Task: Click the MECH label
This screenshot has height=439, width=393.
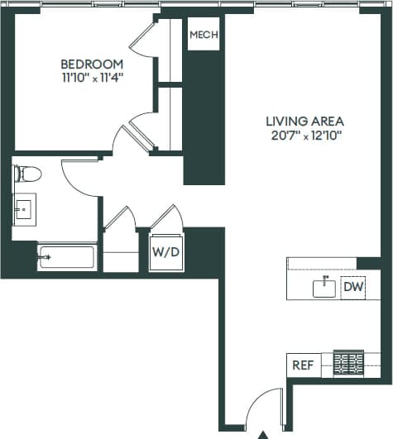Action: [x=203, y=35]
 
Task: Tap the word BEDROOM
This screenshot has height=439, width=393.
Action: [x=92, y=64]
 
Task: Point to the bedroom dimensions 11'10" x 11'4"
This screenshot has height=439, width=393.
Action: [x=92, y=79]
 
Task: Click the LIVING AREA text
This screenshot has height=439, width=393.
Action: [x=304, y=120]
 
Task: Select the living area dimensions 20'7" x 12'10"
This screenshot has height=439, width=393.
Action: [x=304, y=134]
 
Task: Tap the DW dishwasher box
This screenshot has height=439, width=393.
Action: [x=352, y=287]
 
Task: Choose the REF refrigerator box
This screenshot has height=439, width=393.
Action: [x=303, y=364]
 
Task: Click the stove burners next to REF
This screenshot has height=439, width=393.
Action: [x=348, y=364]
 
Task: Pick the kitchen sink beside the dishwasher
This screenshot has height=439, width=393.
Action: [x=324, y=287]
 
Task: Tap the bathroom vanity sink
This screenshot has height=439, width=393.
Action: [x=23, y=210]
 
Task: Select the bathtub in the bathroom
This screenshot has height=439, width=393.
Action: [x=66, y=258]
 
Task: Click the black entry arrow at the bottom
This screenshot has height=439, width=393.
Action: [x=263, y=433]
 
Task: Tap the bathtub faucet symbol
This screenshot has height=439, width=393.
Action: [x=46, y=258]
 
